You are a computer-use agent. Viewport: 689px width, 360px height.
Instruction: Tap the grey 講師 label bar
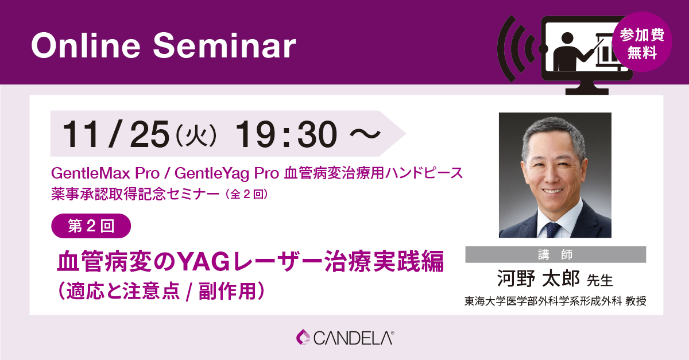click(x=555, y=254)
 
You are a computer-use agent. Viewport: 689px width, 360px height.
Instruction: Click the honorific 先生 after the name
click(x=600, y=280)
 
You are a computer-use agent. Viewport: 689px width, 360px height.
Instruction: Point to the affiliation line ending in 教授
click(x=555, y=301)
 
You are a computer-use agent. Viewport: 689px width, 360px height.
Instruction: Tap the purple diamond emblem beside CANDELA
click(x=303, y=337)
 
